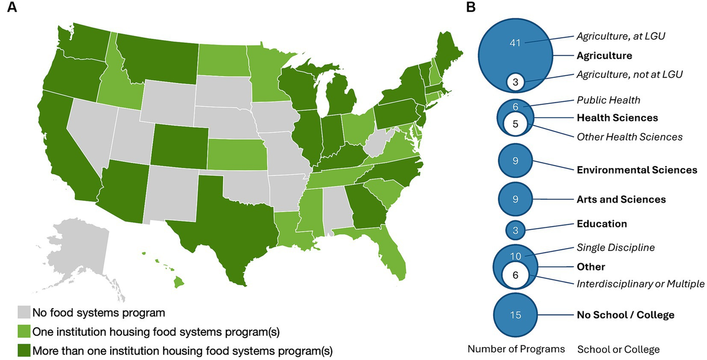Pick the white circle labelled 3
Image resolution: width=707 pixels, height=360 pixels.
pos(516,82)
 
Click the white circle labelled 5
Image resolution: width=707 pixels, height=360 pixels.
pos(515,124)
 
